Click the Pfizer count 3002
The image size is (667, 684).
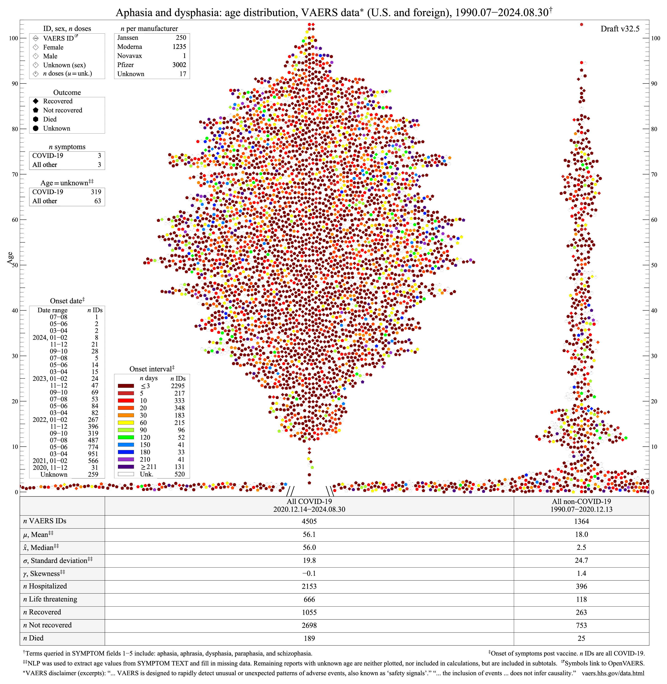pos(179,65)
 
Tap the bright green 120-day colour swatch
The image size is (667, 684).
pos(126,437)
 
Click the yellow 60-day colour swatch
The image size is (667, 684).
pos(126,423)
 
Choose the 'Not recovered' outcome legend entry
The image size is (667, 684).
pos(62,110)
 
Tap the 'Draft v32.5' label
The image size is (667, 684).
pos(620,29)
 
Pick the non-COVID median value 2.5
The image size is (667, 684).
pos(581,547)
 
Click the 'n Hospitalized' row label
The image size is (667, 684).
pos(45,586)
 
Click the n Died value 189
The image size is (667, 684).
pos(309,638)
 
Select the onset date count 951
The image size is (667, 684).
pos(93,454)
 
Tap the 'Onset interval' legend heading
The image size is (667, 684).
pos(151,369)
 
